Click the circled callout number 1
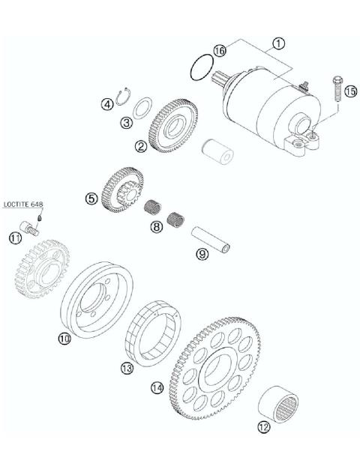[x=278, y=43]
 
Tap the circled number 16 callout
[x=219, y=50]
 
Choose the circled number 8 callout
[x=155, y=226]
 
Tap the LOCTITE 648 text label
[x=22, y=203]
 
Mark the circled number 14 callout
[x=156, y=387]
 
